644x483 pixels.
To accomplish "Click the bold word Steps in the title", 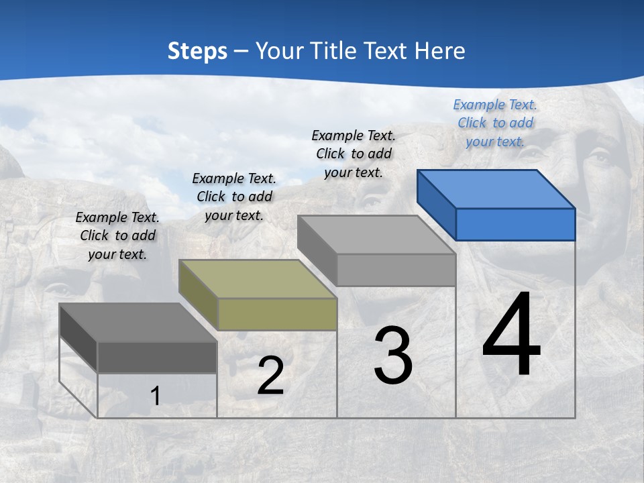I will point(197,51).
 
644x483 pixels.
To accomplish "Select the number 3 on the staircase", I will point(392,356).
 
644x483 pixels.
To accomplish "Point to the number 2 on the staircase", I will point(270,376).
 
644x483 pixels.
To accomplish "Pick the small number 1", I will point(156,396).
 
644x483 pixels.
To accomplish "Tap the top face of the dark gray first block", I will point(138,322).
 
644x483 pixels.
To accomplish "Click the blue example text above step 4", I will point(495,123).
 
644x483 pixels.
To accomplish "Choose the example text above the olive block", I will point(234,197).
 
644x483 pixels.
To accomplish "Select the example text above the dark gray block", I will point(117,235).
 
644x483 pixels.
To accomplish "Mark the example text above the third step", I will point(354,154).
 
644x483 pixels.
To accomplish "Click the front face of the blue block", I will point(515,224).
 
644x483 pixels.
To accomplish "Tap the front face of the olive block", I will point(277,314).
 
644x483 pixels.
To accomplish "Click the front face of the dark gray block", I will point(157,357).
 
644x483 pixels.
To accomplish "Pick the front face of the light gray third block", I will point(396,270).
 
